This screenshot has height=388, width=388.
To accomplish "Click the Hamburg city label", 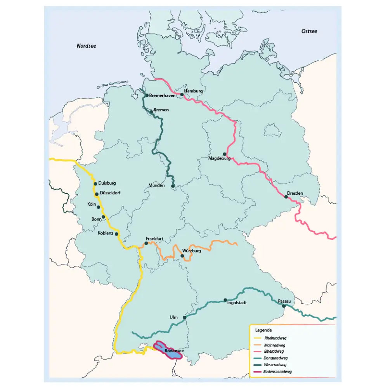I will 193,91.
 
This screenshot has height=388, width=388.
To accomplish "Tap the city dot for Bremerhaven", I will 147,95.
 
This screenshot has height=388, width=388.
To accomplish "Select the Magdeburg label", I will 219,159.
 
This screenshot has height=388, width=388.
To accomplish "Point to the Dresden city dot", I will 286,197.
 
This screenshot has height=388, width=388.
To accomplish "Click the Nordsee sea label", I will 86,46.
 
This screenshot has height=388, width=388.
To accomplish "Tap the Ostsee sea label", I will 309,31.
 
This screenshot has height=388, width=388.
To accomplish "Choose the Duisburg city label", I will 107,183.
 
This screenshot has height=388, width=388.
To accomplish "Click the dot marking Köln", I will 98,207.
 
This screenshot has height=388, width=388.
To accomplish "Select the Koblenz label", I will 106,233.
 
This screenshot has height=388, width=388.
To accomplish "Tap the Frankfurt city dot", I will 146,243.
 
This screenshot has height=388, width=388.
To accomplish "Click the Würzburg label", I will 191,251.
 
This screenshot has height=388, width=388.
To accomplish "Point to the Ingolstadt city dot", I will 225,300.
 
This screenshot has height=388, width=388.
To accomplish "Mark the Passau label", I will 284,301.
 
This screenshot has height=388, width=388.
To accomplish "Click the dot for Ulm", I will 184,317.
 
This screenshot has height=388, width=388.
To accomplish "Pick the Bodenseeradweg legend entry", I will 277,371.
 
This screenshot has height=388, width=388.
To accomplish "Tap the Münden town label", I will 157,185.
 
